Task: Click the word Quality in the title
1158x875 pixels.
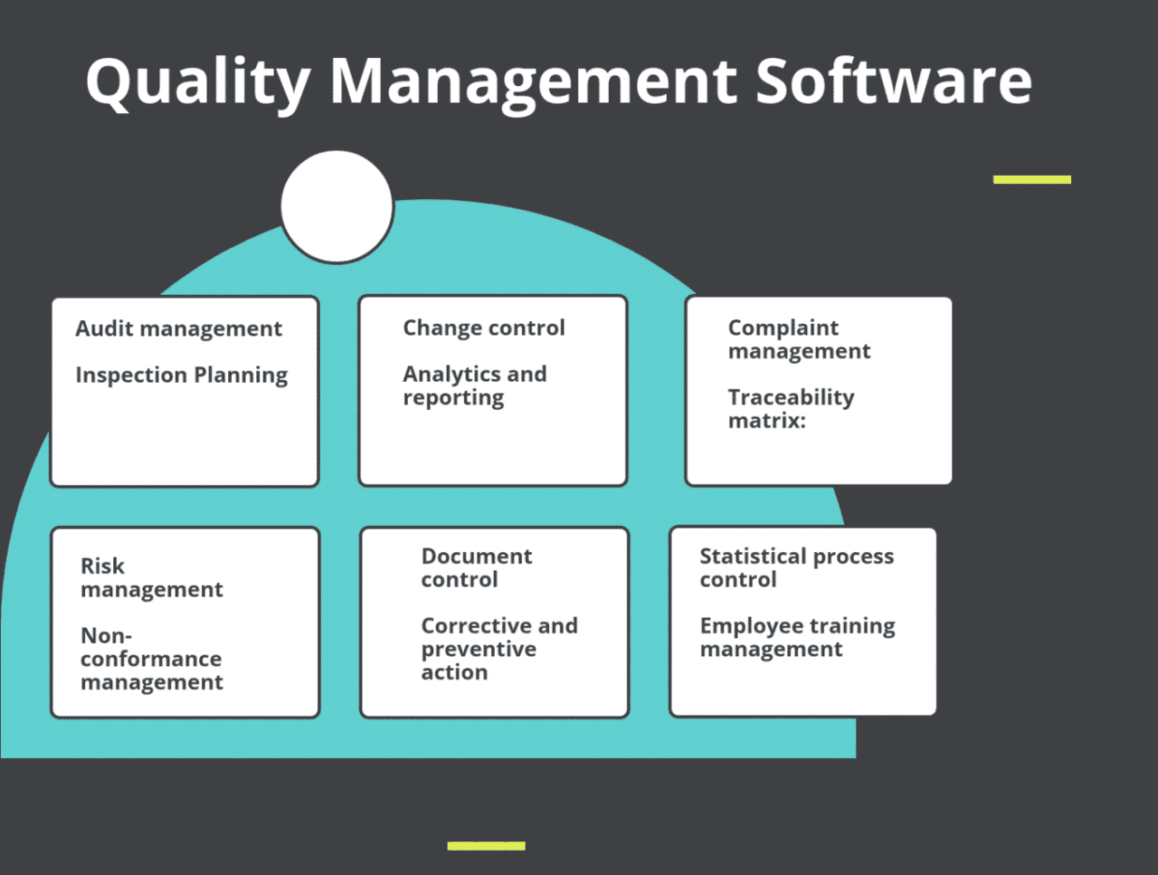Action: (x=198, y=81)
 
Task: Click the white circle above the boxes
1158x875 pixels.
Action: (x=337, y=207)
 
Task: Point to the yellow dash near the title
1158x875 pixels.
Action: (x=1031, y=179)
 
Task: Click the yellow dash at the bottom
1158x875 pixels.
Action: (x=486, y=846)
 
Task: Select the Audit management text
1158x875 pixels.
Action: (x=178, y=328)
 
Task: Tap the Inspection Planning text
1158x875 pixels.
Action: (x=181, y=375)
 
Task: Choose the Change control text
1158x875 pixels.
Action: (x=483, y=328)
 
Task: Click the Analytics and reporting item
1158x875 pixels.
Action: (x=474, y=385)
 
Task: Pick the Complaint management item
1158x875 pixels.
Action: (x=798, y=339)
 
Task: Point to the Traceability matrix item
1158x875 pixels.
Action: (x=790, y=408)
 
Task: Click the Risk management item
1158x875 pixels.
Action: (x=151, y=577)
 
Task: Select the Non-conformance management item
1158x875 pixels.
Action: (x=151, y=659)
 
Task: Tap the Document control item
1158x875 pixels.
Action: (x=476, y=567)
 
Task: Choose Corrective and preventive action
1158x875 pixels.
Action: (x=498, y=649)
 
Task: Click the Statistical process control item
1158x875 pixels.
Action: (x=796, y=567)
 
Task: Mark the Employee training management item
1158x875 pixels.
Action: (x=797, y=637)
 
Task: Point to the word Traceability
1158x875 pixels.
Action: (x=791, y=397)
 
